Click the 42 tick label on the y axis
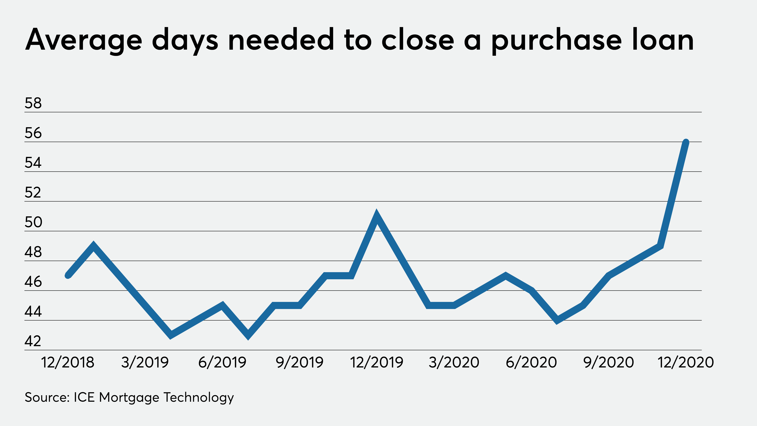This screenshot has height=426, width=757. [33, 341]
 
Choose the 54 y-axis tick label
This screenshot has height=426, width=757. [33, 163]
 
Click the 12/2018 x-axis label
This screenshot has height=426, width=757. [68, 362]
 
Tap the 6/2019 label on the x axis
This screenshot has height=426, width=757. [222, 362]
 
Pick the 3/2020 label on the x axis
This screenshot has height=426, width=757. [454, 362]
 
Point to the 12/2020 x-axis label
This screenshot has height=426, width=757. [686, 362]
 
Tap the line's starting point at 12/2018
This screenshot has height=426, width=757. [68, 275]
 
